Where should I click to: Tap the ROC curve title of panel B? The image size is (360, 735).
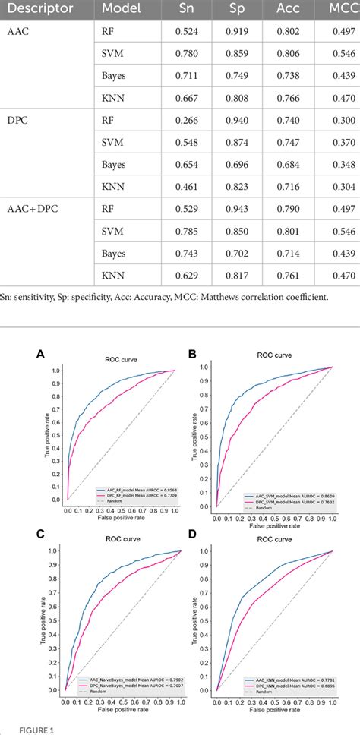point(275,355)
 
